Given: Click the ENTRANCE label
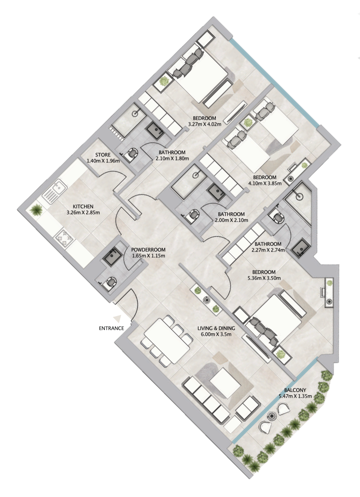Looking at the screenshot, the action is pyautogui.click(x=112, y=328).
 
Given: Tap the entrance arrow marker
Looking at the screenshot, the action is pyautogui.click(x=118, y=318).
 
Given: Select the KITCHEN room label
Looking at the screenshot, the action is pyautogui.click(x=83, y=206).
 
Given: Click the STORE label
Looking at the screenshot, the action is pyautogui.click(x=103, y=155).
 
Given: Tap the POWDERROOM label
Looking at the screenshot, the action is pyautogui.click(x=149, y=250).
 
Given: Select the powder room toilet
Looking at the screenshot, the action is pyautogui.click(x=109, y=282).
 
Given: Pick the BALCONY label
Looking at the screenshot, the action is pyautogui.click(x=295, y=390).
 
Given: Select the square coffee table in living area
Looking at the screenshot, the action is pyautogui.click(x=225, y=383).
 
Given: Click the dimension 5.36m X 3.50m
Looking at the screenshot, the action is pyautogui.click(x=264, y=278).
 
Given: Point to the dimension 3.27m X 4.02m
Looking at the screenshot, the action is pyautogui.click(x=205, y=124).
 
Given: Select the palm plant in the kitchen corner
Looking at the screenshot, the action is pyautogui.click(x=36, y=210).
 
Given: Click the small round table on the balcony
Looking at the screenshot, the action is pyautogui.click(x=272, y=415).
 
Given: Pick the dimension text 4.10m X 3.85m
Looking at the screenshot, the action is pyautogui.click(x=264, y=183).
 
